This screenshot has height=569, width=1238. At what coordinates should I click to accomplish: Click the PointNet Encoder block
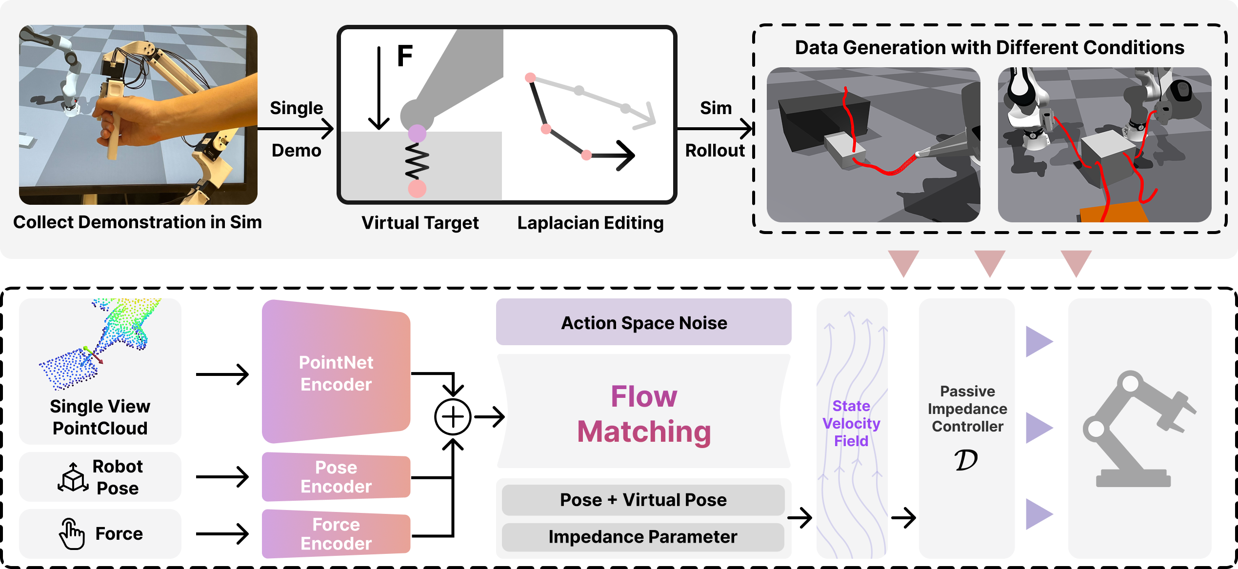[x=336, y=373]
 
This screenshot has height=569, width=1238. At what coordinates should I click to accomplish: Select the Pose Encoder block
[x=336, y=477]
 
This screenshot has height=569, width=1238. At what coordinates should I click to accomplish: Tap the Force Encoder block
[x=336, y=534]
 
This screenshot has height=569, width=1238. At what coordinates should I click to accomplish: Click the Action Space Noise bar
[x=643, y=323]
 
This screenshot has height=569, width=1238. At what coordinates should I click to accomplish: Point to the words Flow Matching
[x=644, y=414]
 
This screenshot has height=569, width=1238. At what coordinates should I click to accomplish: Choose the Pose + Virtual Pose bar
[x=643, y=500]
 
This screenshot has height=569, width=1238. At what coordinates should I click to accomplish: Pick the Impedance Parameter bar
[x=643, y=537]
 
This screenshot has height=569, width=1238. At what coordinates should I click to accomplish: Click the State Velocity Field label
[x=851, y=423]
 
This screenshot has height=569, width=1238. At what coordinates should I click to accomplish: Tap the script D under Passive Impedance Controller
[x=966, y=460]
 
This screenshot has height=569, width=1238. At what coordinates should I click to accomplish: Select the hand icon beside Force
[x=71, y=534]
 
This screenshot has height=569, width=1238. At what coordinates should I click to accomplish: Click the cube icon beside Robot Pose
[x=73, y=477]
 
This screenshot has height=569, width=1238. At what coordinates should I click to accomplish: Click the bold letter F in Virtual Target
[x=405, y=56]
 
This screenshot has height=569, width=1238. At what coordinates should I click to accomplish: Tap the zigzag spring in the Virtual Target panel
[x=417, y=161]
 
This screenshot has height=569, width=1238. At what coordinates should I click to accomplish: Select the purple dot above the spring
[x=417, y=133]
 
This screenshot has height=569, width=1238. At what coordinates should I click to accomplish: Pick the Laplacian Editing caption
[x=590, y=223]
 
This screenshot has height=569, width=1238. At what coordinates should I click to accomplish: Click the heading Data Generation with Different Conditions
[x=989, y=47]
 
